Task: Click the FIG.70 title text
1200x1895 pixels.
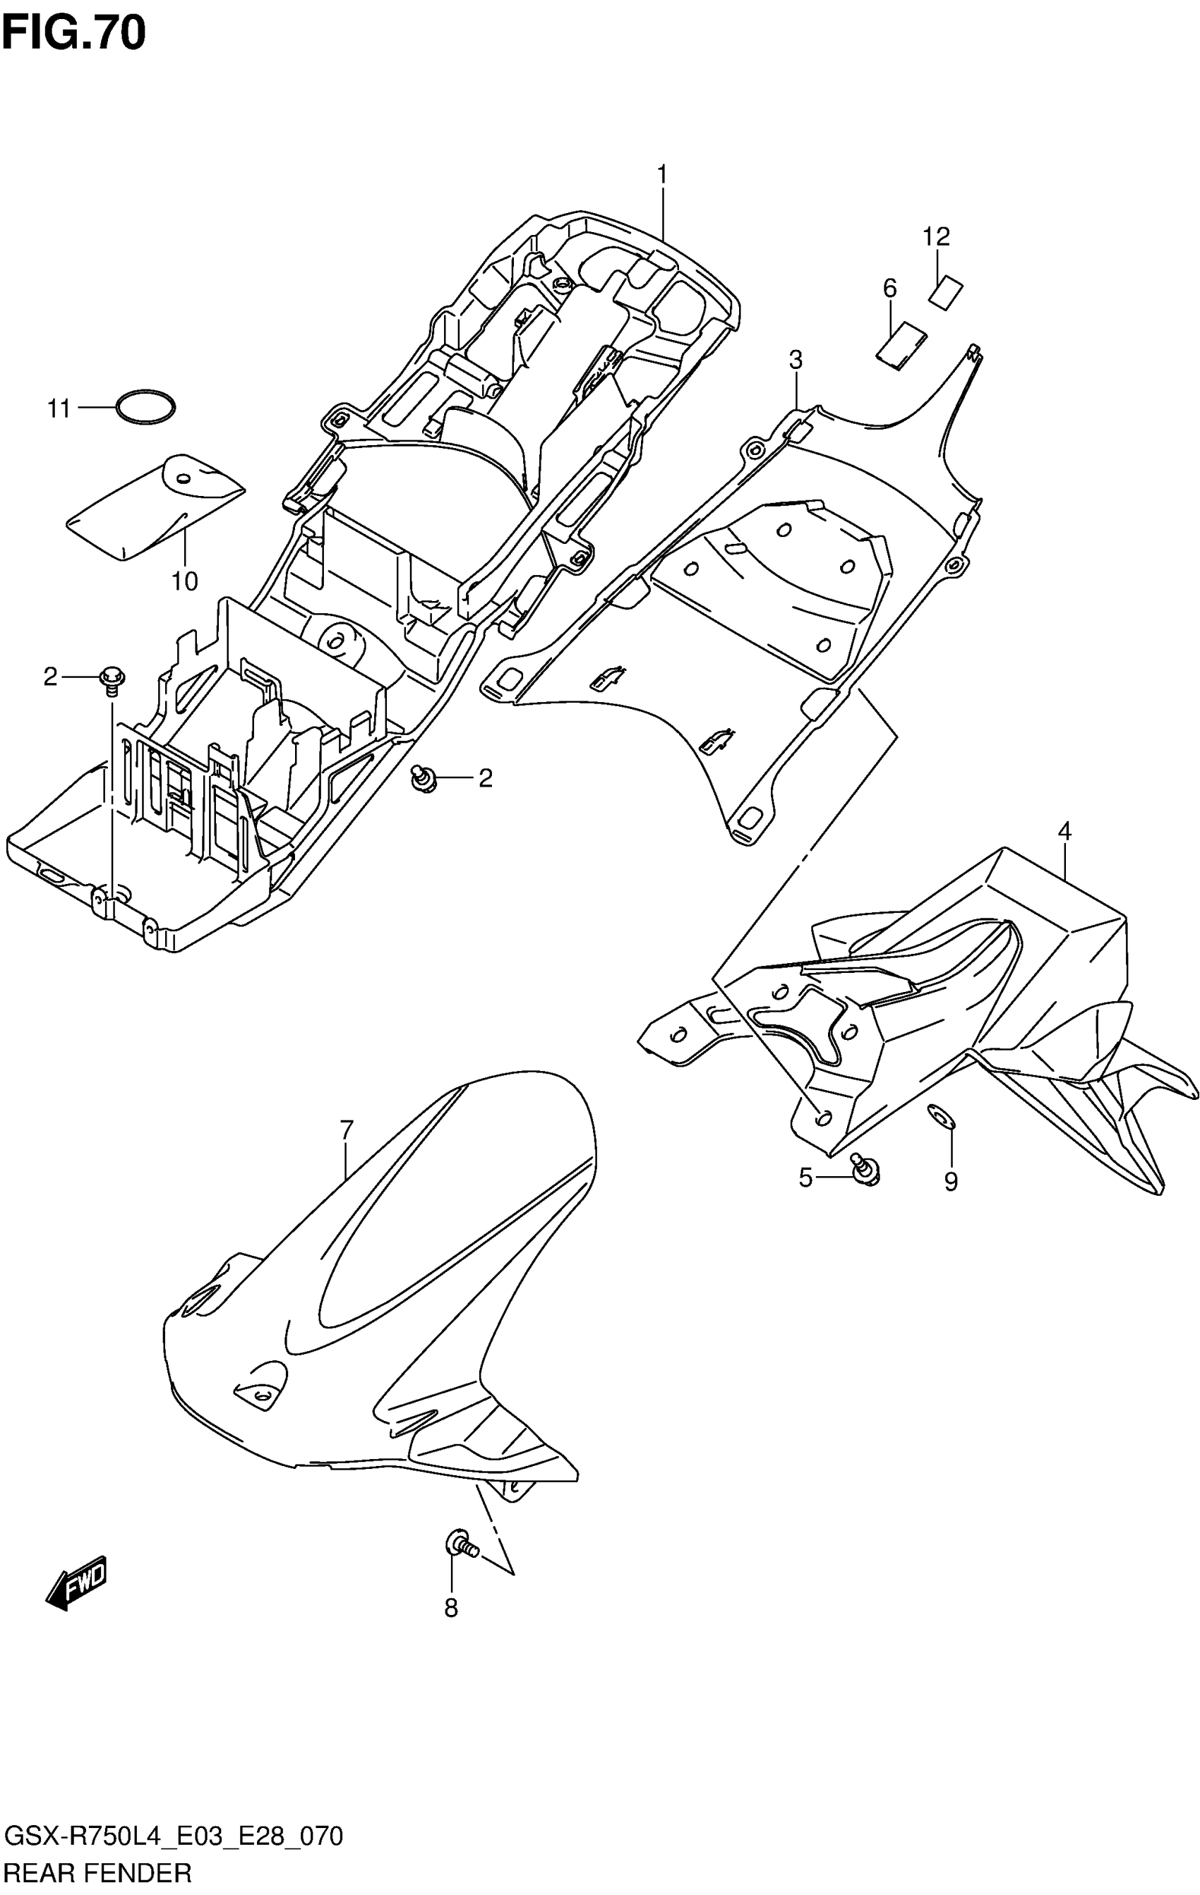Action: (73, 33)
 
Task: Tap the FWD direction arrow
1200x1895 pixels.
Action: (76, 1580)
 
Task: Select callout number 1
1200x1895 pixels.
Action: (662, 173)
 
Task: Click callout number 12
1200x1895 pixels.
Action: (936, 236)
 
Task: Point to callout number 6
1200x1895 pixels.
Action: (889, 289)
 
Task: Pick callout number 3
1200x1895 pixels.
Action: (796, 361)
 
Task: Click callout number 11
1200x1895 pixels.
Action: (59, 409)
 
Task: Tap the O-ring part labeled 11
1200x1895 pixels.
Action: (145, 408)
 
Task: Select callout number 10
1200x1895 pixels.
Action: (185, 581)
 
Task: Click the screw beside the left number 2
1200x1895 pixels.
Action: (111, 680)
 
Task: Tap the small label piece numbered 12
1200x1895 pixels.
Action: (947, 293)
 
